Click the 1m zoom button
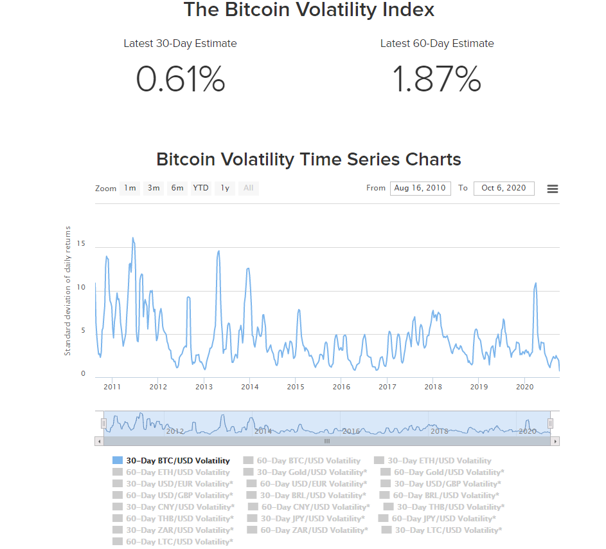130,188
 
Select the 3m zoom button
154,188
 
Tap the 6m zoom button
177,188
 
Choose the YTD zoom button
201,188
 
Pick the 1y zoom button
225,188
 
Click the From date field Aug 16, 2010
420,188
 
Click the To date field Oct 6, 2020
504,188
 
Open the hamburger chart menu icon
553,189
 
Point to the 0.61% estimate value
181,79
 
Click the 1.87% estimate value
437,79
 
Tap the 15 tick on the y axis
81,244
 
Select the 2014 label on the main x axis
250,387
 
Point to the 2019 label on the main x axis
479,387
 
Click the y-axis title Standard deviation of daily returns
67,291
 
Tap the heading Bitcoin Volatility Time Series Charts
308,159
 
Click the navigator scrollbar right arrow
555,442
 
